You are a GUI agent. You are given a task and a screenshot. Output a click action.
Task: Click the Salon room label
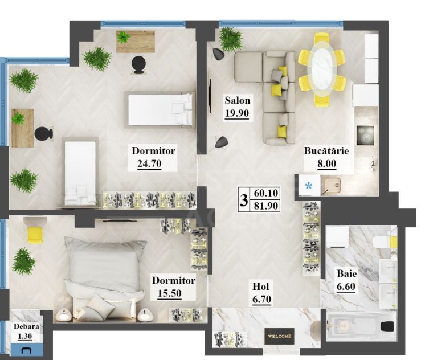point(237,101)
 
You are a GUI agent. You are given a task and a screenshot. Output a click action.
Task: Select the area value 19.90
point(237,112)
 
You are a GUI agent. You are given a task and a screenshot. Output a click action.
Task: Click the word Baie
point(346,274)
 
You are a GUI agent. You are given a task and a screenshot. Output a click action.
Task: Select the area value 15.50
point(169,294)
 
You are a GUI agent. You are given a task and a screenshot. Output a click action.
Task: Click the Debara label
point(27,327)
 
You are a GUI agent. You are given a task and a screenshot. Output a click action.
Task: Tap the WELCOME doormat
point(279,336)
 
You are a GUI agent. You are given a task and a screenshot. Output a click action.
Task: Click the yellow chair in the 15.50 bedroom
point(35,233)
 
